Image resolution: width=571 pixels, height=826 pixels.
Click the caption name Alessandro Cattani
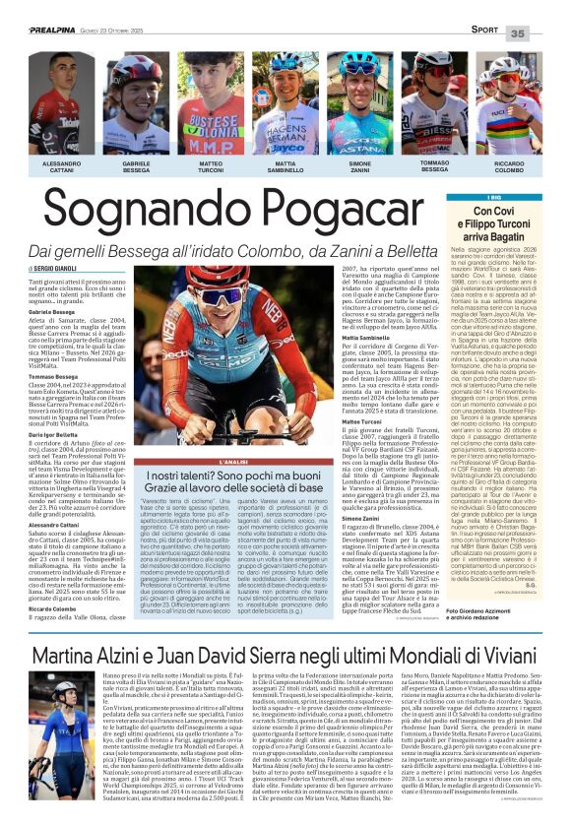pos(62,166)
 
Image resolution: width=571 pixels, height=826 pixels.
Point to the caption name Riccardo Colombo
pos(509,167)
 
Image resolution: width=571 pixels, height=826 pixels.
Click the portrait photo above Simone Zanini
pos(360,104)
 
